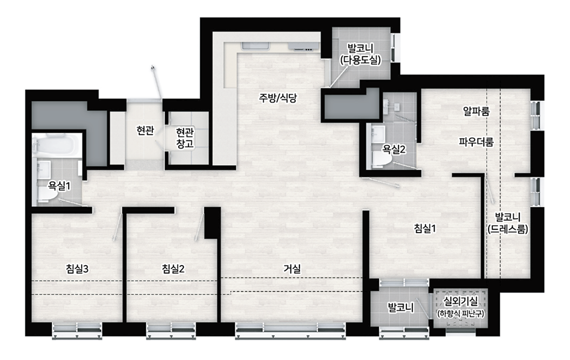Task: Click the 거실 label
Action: (x=292, y=269)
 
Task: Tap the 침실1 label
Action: (x=425, y=229)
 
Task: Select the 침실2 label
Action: (x=173, y=269)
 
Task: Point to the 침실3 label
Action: (x=77, y=269)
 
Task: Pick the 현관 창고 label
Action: (x=185, y=138)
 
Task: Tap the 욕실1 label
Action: (x=59, y=186)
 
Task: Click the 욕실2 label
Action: (x=394, y=149)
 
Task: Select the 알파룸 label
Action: (x=476, y=111)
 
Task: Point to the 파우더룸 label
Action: (x=476, y=141)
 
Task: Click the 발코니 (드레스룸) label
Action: (x=508, y=223)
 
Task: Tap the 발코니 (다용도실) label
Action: (x=361, y=54)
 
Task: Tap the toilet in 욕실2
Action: (x=381, y=159)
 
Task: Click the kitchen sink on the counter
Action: (x=256, y=46)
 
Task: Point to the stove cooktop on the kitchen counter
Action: (x=303, y=46)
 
